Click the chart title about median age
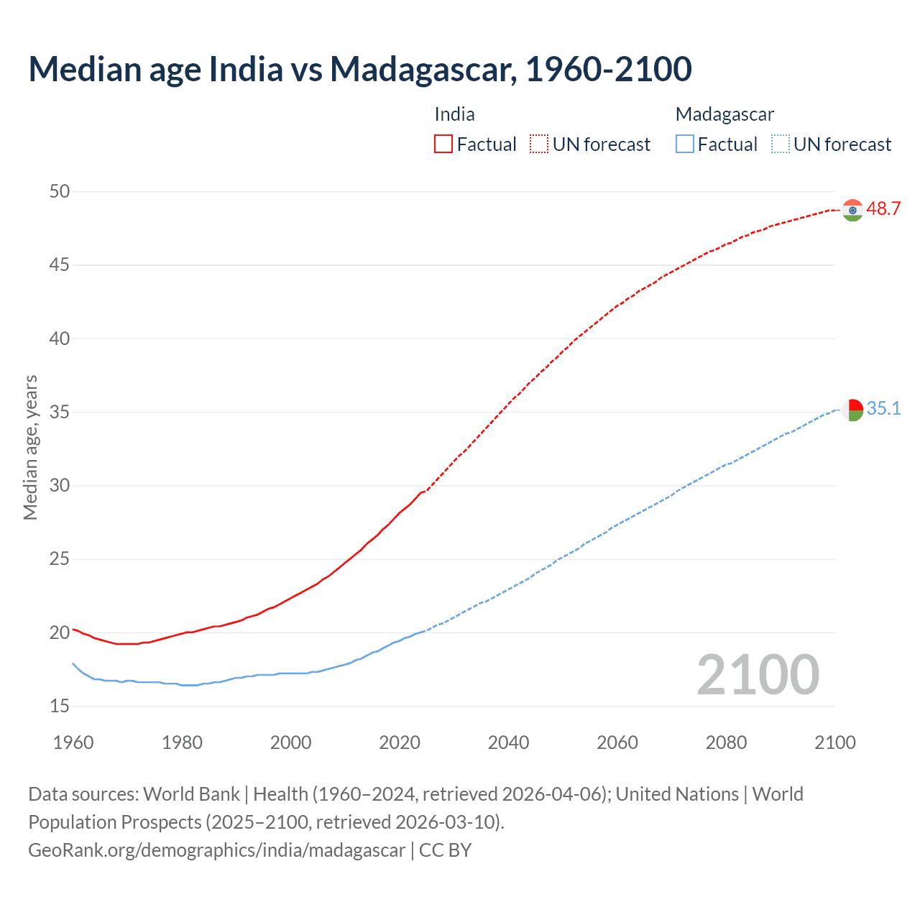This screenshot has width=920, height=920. [x=359, y=69]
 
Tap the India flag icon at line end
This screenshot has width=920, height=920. [x=852, y=210]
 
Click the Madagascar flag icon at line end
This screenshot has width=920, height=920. [x=852, y=410]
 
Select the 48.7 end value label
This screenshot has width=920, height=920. [x=883, y=209]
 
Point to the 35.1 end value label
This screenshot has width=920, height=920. [x=883, y=409]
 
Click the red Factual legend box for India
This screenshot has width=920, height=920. [x=443, y=144]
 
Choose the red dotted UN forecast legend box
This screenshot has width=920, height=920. [x=539, y=144]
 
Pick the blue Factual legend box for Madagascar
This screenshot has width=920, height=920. [x=684, y=144]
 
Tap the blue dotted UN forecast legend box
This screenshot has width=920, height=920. [x=780, y=144]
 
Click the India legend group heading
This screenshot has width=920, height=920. [x=454, y=114]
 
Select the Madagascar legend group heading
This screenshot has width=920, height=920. [x=724, y=114]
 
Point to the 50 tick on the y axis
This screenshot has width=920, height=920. [x=60, y=191]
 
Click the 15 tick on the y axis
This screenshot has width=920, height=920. [x=60, y=707]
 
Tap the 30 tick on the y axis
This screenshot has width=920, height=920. [x=60, y=486]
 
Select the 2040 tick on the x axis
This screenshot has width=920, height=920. [x=508, y=742]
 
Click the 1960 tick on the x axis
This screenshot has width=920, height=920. [x=73, y=742]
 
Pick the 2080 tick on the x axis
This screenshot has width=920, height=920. [x=726, y=742]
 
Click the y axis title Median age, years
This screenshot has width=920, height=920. [x=30, y=447]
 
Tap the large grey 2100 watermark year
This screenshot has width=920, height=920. [x=758, y=674]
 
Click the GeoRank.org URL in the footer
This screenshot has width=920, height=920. [x=216, y=850]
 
